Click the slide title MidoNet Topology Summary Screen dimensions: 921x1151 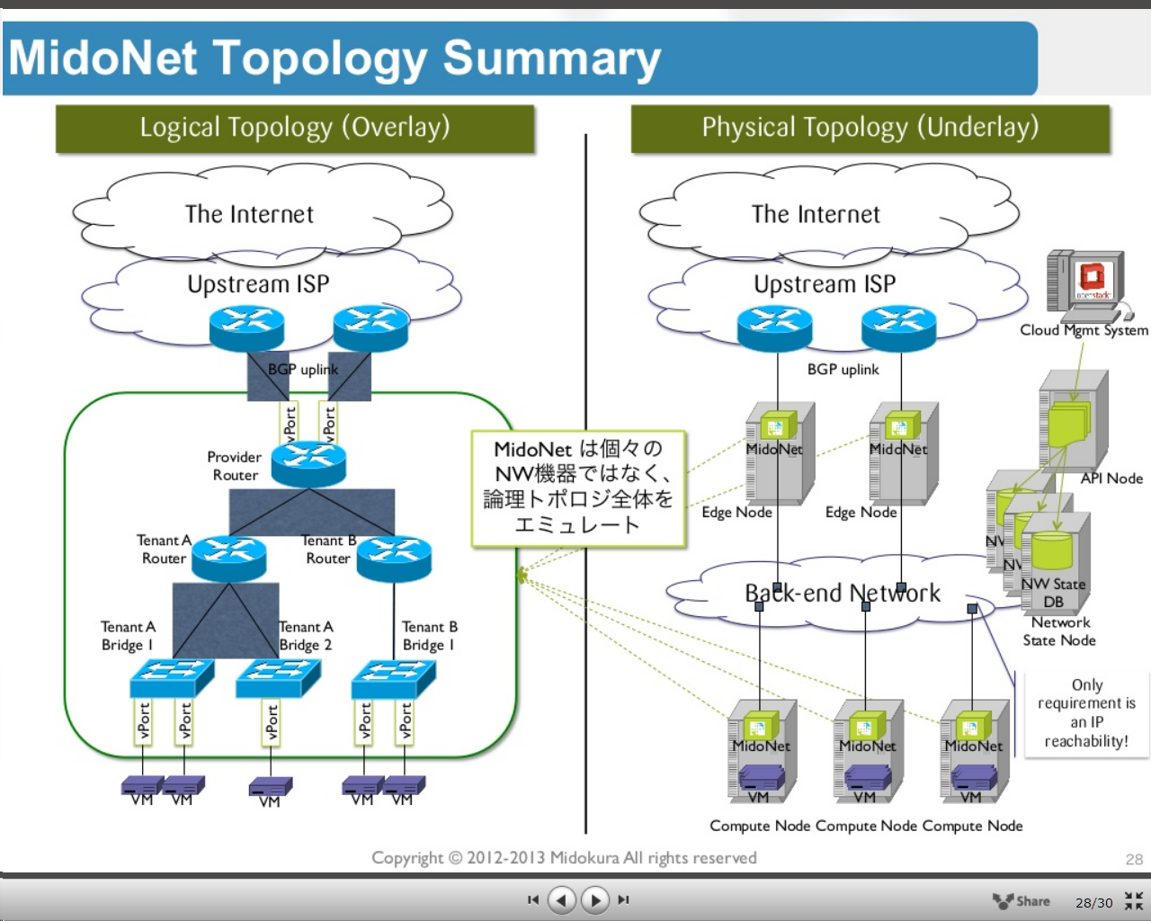335,58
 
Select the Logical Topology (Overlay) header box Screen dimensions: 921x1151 295,128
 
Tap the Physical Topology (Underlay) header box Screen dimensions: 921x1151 870,128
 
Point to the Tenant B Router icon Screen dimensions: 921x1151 394,558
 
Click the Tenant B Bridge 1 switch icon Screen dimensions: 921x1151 394,677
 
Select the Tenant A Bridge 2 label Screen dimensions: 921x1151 306,636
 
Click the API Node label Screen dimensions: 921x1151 1111,478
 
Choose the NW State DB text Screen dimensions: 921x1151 1053,593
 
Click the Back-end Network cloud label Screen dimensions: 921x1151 842,594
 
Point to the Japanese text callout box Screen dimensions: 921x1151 578,488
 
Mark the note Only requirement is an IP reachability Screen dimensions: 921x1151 1086,713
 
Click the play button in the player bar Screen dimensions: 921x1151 594,899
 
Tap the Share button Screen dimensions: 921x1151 1022,900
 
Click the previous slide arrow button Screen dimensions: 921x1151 562,899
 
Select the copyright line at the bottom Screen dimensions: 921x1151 564,858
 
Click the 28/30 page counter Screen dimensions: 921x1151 1093,902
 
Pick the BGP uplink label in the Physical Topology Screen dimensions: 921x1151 843,370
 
